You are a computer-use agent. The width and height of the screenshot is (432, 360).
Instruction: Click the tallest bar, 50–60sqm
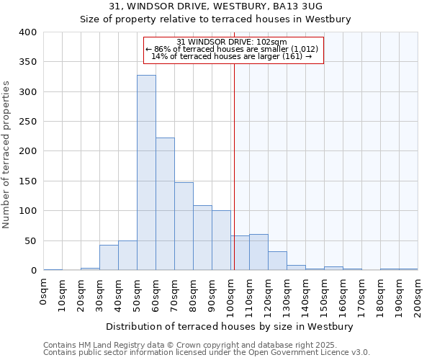point(146,173)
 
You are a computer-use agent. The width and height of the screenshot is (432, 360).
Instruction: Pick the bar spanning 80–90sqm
point(202,238)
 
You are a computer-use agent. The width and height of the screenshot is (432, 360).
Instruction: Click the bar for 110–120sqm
point(258,252)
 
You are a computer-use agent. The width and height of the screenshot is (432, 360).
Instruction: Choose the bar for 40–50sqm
point(127,256)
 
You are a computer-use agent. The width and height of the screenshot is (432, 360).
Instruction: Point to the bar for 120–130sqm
point(277,261)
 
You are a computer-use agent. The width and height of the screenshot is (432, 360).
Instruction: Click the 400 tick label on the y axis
point(27,32)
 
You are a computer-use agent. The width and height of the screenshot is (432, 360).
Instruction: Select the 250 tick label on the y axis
point(27,122)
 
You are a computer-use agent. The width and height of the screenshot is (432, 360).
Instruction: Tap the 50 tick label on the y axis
point(30,240)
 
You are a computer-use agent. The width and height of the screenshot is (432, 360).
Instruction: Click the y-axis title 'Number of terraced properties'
point(7,155)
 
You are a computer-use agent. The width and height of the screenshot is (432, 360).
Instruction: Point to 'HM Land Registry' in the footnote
point(104,345)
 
